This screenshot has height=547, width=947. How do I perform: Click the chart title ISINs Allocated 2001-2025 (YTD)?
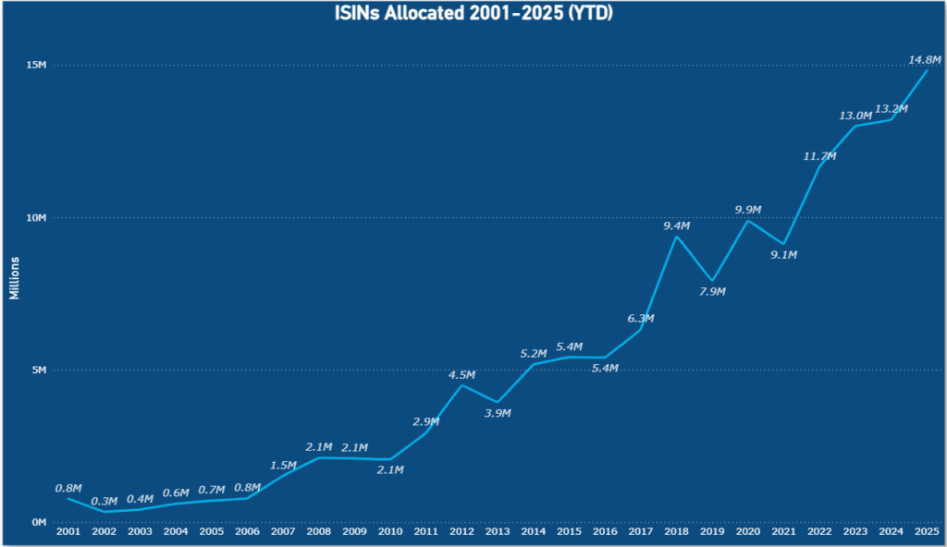point(473,14)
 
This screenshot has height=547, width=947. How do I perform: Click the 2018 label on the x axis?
point(676,532)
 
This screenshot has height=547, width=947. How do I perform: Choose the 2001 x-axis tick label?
point(68,532)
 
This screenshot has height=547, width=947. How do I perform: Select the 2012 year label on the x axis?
point(461,532)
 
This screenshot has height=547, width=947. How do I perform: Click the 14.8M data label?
point(926,60)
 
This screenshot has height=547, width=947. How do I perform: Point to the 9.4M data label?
point(676,225)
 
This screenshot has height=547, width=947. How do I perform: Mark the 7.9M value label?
point(711,292)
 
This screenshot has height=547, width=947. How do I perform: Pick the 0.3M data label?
point(104,500)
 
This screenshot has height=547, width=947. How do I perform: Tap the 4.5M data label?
point(461,374)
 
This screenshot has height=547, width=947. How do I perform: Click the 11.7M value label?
point(819,156)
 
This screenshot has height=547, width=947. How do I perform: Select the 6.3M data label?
point(640,319)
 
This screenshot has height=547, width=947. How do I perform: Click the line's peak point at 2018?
point(676,237)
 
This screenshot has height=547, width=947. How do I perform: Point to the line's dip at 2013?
point(498,403)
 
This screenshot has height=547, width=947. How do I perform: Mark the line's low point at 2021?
point(783,244)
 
